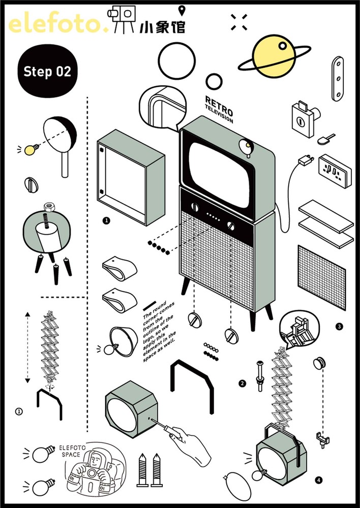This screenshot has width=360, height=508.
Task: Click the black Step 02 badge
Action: tap(47, 72)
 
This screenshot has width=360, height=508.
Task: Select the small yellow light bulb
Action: tap(32, 149)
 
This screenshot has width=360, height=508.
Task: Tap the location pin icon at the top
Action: tap(182, 11)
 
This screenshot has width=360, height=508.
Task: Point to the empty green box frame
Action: tap(129, 177)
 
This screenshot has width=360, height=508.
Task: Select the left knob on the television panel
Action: tap(195, 207)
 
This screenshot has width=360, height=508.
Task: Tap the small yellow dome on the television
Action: tap(247, 147)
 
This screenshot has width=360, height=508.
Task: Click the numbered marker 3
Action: tap(339, 326)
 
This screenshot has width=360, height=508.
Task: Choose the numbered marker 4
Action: tap(318, 479)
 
